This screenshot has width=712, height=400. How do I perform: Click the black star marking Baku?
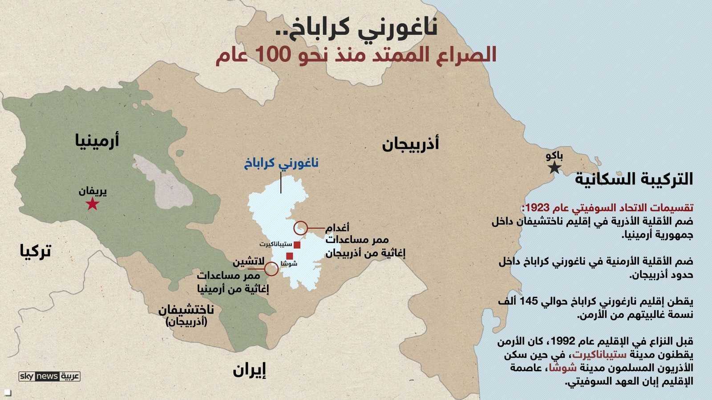pos(554,168)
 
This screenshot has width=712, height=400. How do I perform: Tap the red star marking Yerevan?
pos(92,204)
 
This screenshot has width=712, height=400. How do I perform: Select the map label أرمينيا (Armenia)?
pos(97,140)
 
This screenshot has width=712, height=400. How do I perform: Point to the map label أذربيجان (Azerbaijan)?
pos(410,144)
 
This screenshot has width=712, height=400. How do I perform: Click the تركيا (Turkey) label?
pos(36,251)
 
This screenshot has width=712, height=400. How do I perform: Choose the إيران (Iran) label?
pos(249,370)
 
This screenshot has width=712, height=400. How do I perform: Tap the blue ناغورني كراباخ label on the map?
pos(281,163)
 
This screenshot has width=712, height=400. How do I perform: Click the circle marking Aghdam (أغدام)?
pos(301,228)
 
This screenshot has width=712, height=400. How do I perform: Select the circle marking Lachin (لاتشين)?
pos(271,269)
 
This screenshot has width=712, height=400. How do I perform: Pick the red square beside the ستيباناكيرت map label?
pos(297,245)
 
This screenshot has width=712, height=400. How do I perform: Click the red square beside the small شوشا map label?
pos(290,256)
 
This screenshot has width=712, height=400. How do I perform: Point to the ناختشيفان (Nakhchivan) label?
pos(186,310)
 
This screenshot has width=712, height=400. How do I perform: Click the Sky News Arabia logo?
pos(49,376)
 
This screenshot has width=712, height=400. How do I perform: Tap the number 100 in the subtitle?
pos(273,55)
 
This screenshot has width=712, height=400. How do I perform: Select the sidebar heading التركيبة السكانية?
pos(634,179)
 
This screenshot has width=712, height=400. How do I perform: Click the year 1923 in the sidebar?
pos(537,208)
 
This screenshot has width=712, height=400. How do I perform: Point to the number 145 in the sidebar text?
pos(529,301)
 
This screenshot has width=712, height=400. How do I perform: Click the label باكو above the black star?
pos(554,156)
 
